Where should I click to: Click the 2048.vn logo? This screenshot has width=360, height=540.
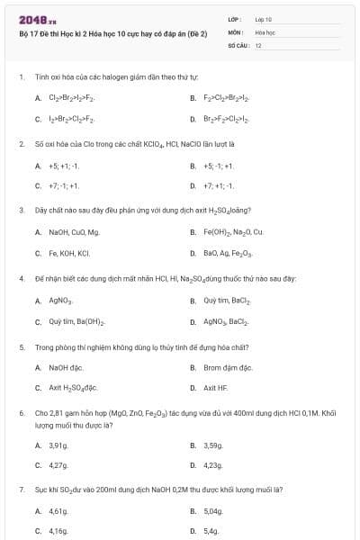click(x=37, y=20)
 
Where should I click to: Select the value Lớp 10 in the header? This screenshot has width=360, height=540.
click(x=263, y=19)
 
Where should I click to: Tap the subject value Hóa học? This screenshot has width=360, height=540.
click(x=264, y=31)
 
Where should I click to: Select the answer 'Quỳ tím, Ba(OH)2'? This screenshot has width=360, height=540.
click(x=77, y=321)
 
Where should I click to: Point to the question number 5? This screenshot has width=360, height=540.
click(x=21, y=345)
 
